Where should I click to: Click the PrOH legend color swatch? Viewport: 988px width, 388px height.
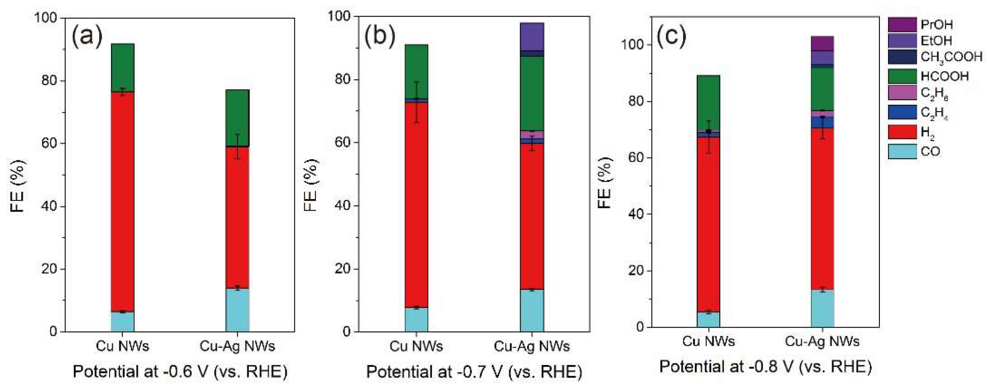(x=901, y=25)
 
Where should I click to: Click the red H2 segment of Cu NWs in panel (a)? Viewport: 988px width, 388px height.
(x=123, y=200)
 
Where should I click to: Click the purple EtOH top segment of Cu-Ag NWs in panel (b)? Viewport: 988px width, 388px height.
(x=532, y=37)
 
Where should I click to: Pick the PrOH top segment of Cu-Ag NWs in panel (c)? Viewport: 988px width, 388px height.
(x=822, y=43)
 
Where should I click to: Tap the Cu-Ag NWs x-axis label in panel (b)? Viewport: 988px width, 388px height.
(x=532, y=346)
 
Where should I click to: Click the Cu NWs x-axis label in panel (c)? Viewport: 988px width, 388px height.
(x=708, y=341)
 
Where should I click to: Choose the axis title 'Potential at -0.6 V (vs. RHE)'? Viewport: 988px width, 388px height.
(x=180, y=371)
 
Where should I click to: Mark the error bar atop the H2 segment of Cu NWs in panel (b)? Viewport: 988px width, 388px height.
(x=416, y=102)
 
